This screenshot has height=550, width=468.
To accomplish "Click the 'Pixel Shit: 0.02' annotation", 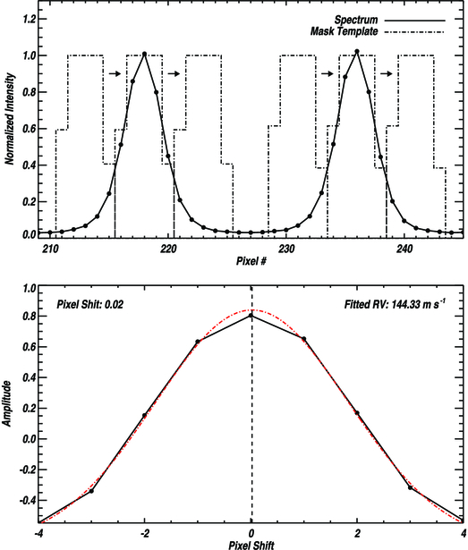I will pyautogui.click(x=89, y=304).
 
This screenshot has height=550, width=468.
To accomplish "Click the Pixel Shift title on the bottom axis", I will pyautogui.click(x=251, y=544).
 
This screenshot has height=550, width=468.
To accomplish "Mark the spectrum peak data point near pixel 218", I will pyautogui.click(x=144, y=55).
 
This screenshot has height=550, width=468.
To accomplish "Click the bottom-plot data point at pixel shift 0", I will pyautogui.click(x=251, y=316).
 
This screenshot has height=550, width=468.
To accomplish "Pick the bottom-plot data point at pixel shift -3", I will pyautogui.click(x=92, y=491).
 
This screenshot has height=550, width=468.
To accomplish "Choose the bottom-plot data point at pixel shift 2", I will pyautogui.click(x=357, y=412).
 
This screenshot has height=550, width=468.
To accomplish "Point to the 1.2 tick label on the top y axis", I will pyautogui.click(x=28, y=18).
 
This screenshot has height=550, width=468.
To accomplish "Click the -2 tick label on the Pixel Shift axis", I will pyautogui.click(x=144, y=532).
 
